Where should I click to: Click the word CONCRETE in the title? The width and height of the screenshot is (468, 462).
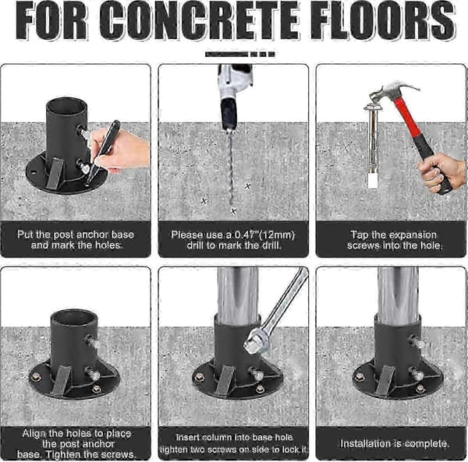(x=199, y=20)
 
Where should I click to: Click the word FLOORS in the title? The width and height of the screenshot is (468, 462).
(x=383, y=20)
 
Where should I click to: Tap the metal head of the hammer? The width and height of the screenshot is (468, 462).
(x=391, y=92)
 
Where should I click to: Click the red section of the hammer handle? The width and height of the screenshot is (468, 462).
(x=406, y=117)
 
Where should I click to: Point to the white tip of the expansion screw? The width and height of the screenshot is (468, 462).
(x=373, y=181)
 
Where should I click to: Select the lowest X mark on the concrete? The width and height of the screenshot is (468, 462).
(x=233, y=211)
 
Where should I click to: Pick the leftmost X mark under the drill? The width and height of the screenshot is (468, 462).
(x=204, y=201)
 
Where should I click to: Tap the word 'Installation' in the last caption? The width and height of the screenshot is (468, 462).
(x=367, y=443)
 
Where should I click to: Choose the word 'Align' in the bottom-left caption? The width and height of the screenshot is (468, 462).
(x=33, y=434)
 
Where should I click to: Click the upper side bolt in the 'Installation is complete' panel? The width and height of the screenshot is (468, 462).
(x=417, y=341)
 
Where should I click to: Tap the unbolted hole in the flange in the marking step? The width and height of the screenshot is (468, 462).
(x=34, y=172)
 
